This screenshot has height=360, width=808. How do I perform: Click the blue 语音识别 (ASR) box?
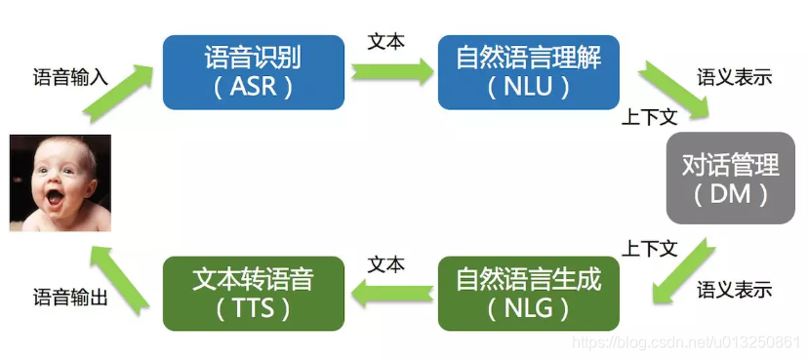(x=253, y=71)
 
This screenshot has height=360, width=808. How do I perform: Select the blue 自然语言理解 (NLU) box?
(x=529, y=71)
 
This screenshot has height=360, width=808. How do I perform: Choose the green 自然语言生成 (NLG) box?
(x=529, y=293)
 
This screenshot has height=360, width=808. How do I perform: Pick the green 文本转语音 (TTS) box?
(x=253, y=293)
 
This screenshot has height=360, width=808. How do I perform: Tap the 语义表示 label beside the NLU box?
(x=734, y=77)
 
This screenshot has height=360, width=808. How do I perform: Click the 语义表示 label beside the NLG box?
(x=734, y=290)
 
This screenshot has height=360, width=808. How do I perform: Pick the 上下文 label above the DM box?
(x=649, y=118)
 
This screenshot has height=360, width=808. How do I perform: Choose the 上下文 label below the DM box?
(x=651, y=248)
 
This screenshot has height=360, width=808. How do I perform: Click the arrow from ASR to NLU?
(x=391, y=71)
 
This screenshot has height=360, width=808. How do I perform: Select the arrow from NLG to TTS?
(x=391, y=291)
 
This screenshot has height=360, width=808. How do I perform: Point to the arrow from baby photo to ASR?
(x=117, y=94)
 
